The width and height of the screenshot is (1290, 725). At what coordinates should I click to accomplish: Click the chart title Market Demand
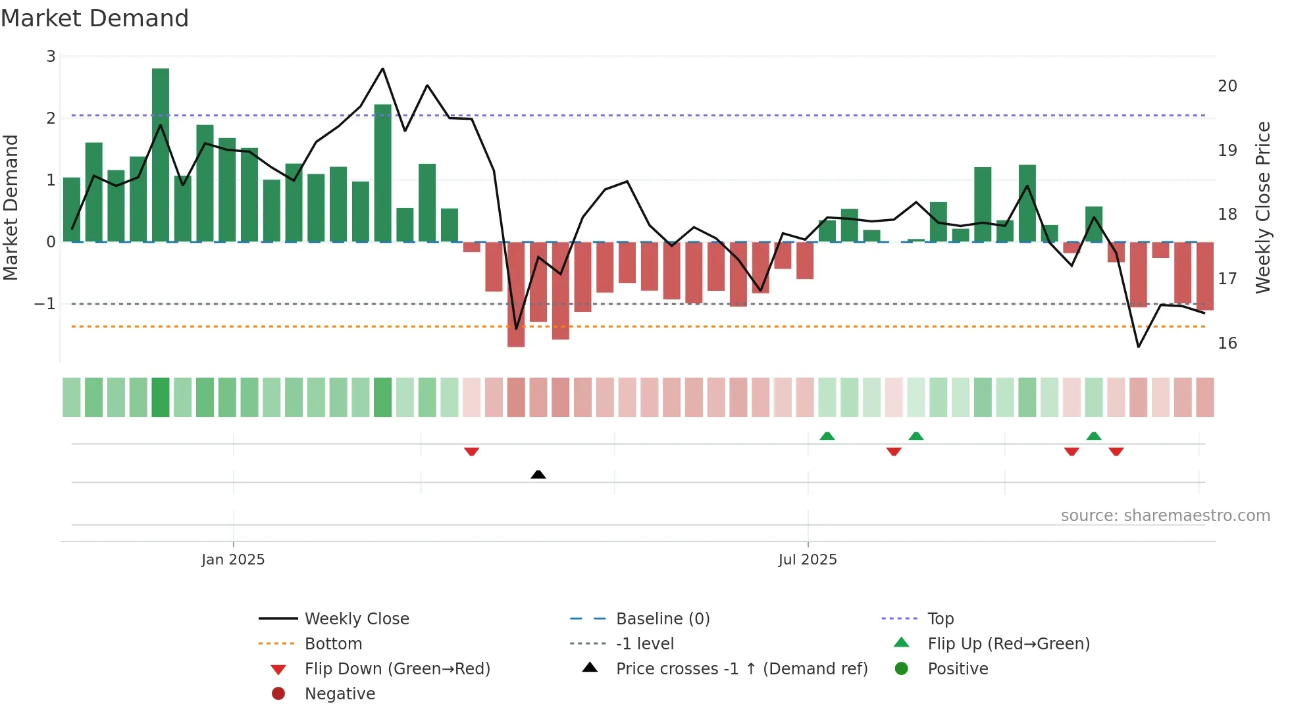click(x=95, y=18)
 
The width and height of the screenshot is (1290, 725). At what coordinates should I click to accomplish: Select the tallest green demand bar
click(x=161, y=155)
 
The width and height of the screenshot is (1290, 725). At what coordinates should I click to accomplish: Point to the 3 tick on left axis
click(x=51, y=57)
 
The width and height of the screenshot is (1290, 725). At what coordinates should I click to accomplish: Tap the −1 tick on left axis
click(x=45, y=304)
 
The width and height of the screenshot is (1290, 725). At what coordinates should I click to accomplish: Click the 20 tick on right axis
click(x=1227, y=86)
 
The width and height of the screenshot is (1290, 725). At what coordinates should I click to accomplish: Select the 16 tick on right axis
click(x=1227, y=343)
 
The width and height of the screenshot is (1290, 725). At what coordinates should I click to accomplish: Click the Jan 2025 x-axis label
click(x=233, y=560)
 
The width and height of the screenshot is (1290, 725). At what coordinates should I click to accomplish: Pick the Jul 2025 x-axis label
click(x=808, y=560)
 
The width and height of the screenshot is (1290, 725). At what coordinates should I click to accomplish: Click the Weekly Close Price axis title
click(x=1262, y=207)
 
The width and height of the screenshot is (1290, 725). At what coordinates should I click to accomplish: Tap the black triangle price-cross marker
click(x=538, y=474)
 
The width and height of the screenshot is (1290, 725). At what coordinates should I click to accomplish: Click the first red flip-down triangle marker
click(x=471, y=451)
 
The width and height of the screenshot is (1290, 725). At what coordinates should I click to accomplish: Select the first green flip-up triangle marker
click(x=827, y=436)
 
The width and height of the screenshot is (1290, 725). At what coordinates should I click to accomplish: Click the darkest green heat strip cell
click(x=161, y=397)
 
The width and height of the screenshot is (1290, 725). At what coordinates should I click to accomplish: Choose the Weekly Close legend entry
click(x=356, y=619)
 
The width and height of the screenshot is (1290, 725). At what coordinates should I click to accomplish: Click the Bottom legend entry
click(x=333, y=644)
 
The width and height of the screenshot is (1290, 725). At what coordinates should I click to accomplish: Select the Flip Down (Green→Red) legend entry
click(x=397, y=669)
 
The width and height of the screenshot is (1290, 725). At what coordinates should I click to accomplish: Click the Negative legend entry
click(x=340, y=694)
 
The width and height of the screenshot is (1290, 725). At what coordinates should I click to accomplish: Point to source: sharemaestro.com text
click(x=1165, y=516)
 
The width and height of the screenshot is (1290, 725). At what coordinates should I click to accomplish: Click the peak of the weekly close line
click(x=383, y=68)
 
